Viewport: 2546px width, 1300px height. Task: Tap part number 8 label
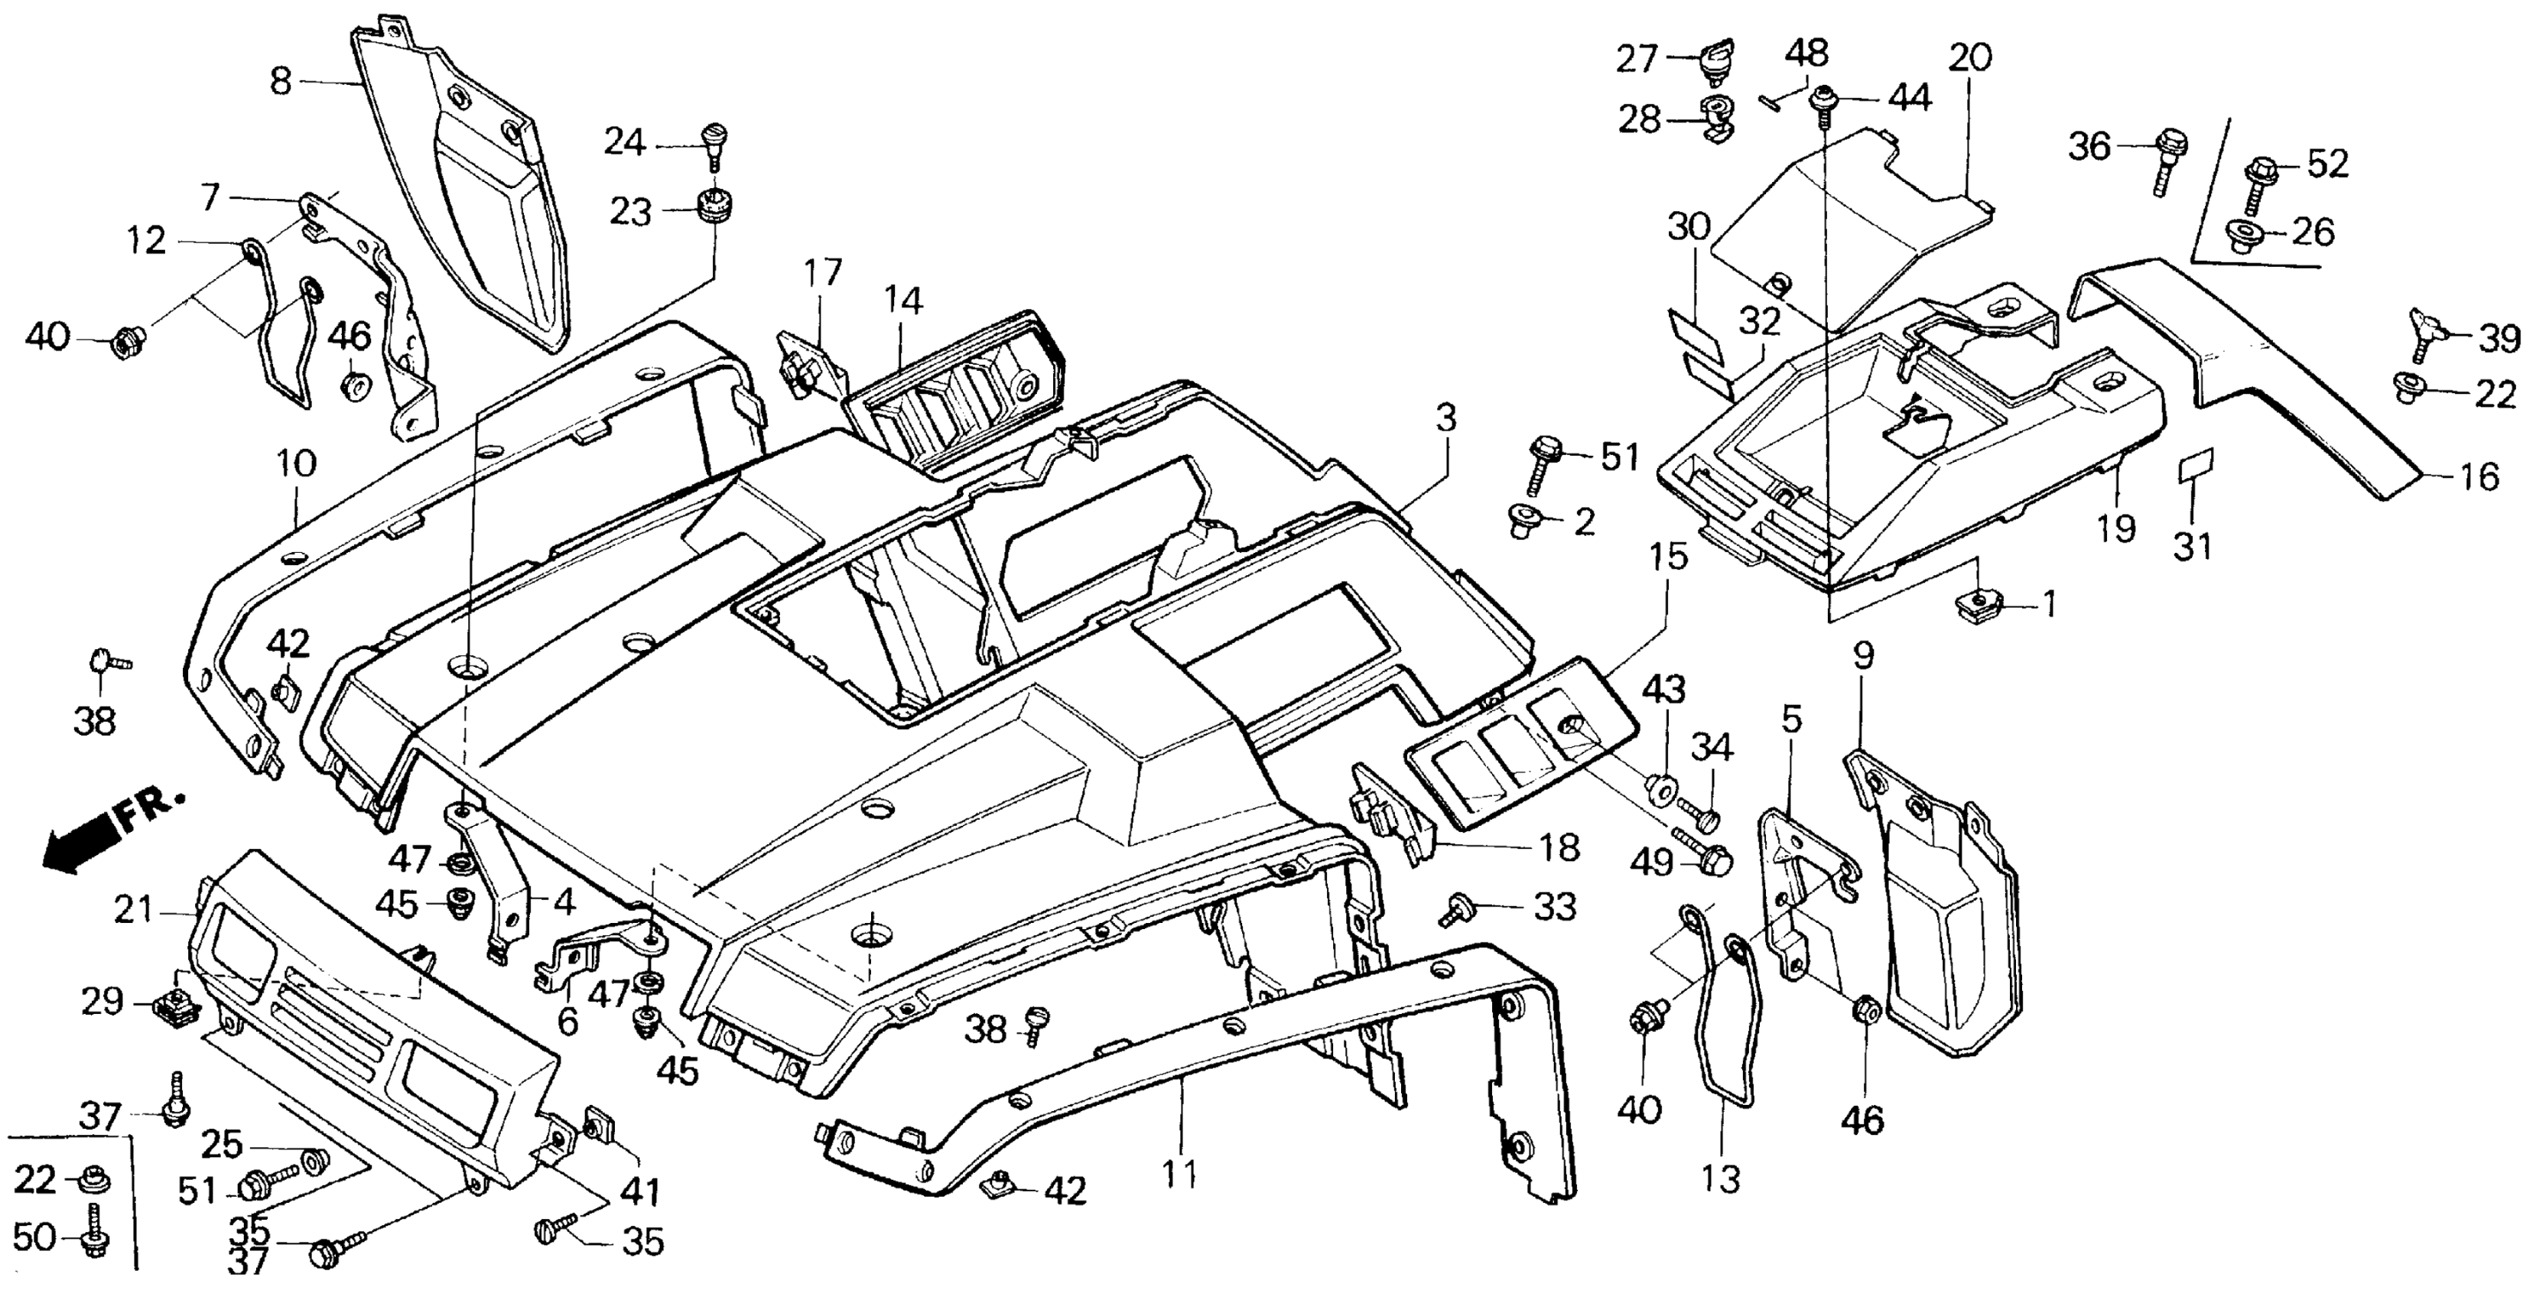pos(281,81)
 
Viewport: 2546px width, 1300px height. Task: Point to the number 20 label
pos(1970,58)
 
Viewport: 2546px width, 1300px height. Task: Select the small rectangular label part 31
pos(2196,463)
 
